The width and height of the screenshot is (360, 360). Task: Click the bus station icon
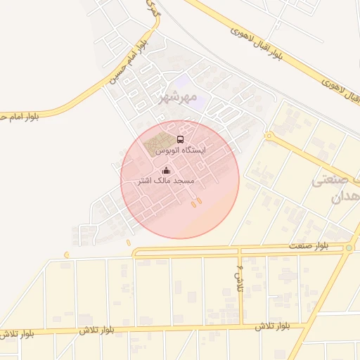click(x=180, y=139)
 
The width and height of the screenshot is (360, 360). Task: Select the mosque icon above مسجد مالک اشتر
click(x=166, y=170)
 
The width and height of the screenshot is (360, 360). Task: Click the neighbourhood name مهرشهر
click(x=175, y=96)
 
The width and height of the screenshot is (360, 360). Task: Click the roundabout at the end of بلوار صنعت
click(x=349, y=247)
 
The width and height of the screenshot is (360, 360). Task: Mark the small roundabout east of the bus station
click(x=268, y=136)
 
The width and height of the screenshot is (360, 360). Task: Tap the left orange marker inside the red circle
click(x=192, y=204)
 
